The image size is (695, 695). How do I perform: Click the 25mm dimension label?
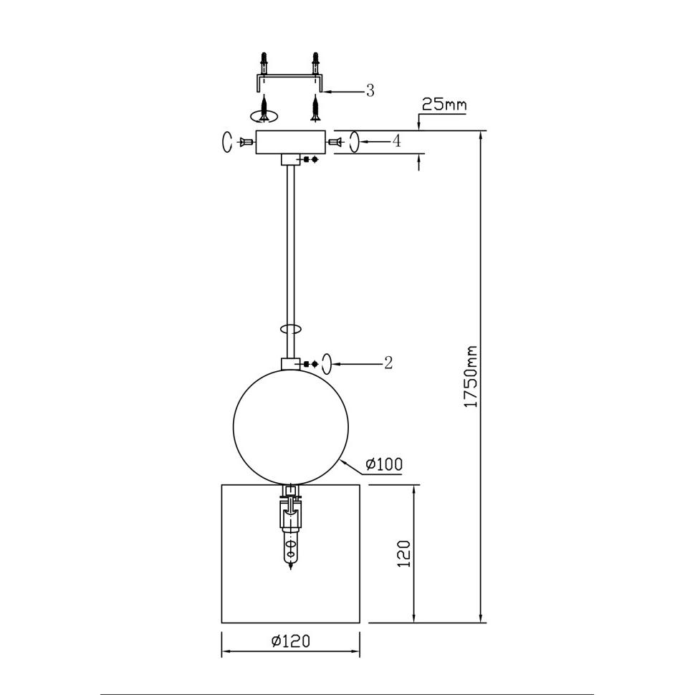(444, 105)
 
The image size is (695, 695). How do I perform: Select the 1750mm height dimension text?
(470, 377)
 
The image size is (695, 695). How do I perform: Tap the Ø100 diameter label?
(384, 464)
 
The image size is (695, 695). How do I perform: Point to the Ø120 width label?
(291, 641)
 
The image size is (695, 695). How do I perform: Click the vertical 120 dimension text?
(404, 553)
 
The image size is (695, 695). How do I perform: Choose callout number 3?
(370, 90)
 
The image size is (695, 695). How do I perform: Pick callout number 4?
(397, 141)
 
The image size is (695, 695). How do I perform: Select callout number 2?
(388, 363)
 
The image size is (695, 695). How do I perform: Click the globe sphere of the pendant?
(291, 426)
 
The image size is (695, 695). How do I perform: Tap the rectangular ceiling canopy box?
(291, 142)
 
